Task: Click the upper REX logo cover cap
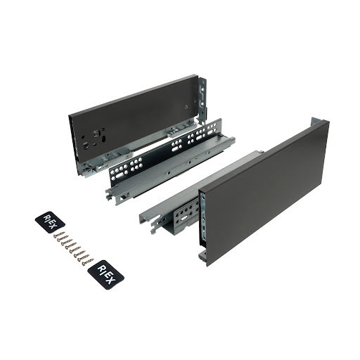(50, 222)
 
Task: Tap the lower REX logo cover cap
(105, 275)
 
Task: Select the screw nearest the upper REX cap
(59, 234)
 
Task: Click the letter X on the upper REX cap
(53, 226)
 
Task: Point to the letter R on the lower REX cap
(101, 269)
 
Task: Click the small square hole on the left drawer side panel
(186, 107)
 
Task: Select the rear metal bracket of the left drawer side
(202, 98)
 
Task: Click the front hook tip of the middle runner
(108, 196)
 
